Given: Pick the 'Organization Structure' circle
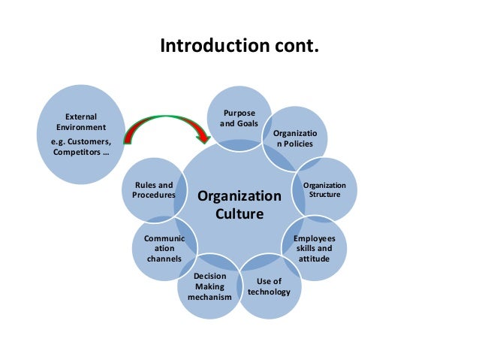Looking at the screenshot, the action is point(325,189).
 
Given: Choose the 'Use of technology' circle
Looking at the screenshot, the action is point(269,286).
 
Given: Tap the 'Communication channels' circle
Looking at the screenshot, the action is point(164,249).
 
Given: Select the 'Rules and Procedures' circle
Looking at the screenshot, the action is point(153,190).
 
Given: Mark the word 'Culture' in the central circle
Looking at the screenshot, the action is point(239,213).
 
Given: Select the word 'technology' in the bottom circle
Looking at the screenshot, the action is point(269,292).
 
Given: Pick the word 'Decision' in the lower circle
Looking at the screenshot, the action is point(209,277).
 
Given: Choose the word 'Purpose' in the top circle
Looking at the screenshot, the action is point(239,113).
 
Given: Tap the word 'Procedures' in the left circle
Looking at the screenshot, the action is point(153,195).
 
